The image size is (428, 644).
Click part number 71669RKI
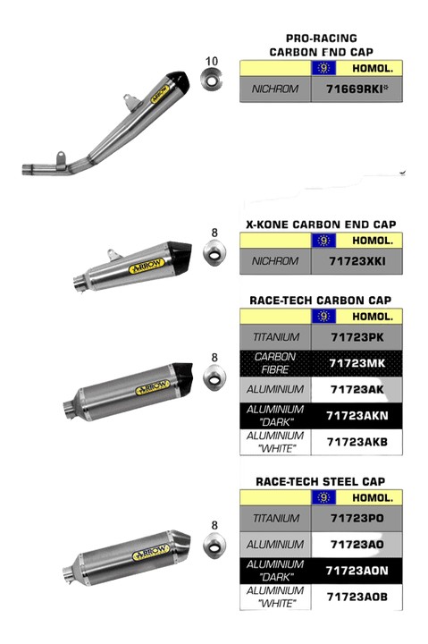coord(357,89)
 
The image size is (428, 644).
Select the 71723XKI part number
coord(357,261)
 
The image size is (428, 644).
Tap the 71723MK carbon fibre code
coord(357,363)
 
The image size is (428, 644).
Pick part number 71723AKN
coord(357,416)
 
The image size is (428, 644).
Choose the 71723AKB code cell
coord(357,442)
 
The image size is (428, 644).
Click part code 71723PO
coord(357,518)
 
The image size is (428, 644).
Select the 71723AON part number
coord(357,571)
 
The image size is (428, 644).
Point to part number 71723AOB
coord(357,597)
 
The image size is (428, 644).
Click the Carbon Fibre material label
coord(275,363)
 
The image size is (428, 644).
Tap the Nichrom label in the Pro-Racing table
coord(275,89)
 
